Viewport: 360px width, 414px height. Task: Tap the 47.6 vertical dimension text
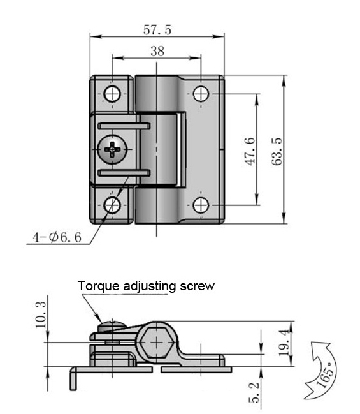[251, 151]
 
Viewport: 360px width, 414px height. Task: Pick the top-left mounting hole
[113, 94]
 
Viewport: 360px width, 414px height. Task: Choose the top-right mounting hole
[201, 94]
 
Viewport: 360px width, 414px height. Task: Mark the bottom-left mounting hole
[113, 205]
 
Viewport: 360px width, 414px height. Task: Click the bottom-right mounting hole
[201, 205]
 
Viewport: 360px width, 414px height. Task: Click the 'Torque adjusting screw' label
[147, 286]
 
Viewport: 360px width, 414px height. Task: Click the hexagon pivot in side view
[157, 343]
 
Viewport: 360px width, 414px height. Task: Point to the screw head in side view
[108, 327]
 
